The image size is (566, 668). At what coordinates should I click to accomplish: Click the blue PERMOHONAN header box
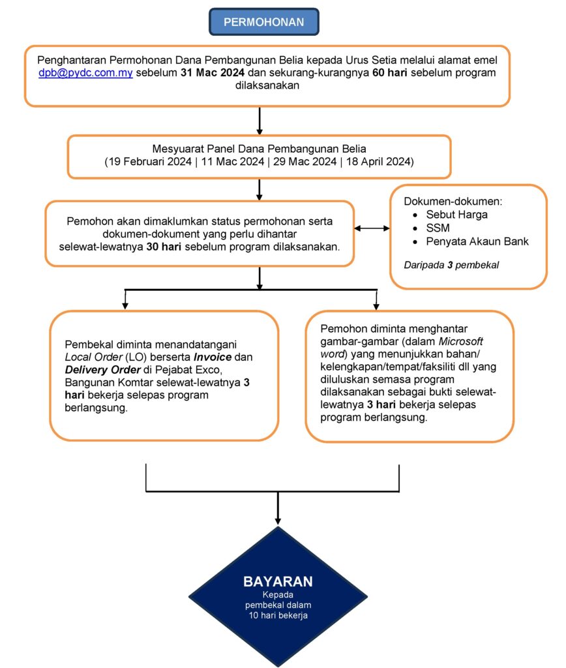point(263,22)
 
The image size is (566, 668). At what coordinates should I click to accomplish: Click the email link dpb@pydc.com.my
point(85,73)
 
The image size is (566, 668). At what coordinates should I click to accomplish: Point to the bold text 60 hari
point(390,73)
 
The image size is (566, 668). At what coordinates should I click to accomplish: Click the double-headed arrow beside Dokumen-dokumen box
point(372,229)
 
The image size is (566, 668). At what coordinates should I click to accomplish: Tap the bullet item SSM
point(438,228)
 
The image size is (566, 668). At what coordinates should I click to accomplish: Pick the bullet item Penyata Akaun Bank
point(477,242)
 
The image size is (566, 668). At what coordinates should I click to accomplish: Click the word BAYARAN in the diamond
point(278,582)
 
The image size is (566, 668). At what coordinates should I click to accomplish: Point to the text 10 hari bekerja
point(278,615)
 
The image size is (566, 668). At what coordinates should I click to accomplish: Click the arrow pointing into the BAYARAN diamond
point(278,515)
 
